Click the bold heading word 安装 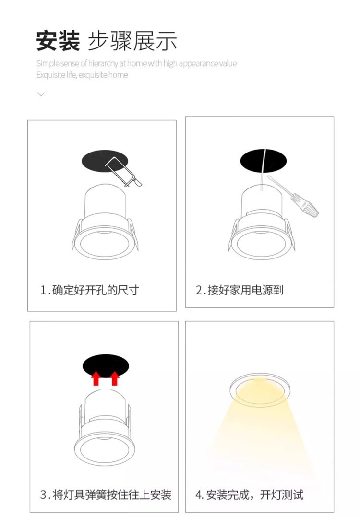[58, 40]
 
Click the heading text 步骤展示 [132, 40]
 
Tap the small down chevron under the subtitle [41, 94]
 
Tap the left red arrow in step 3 [96, 379]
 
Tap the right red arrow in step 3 [115, 379]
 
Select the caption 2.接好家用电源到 [240, 290]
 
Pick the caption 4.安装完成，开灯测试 [249, 494]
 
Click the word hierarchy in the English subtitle [102, 64]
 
